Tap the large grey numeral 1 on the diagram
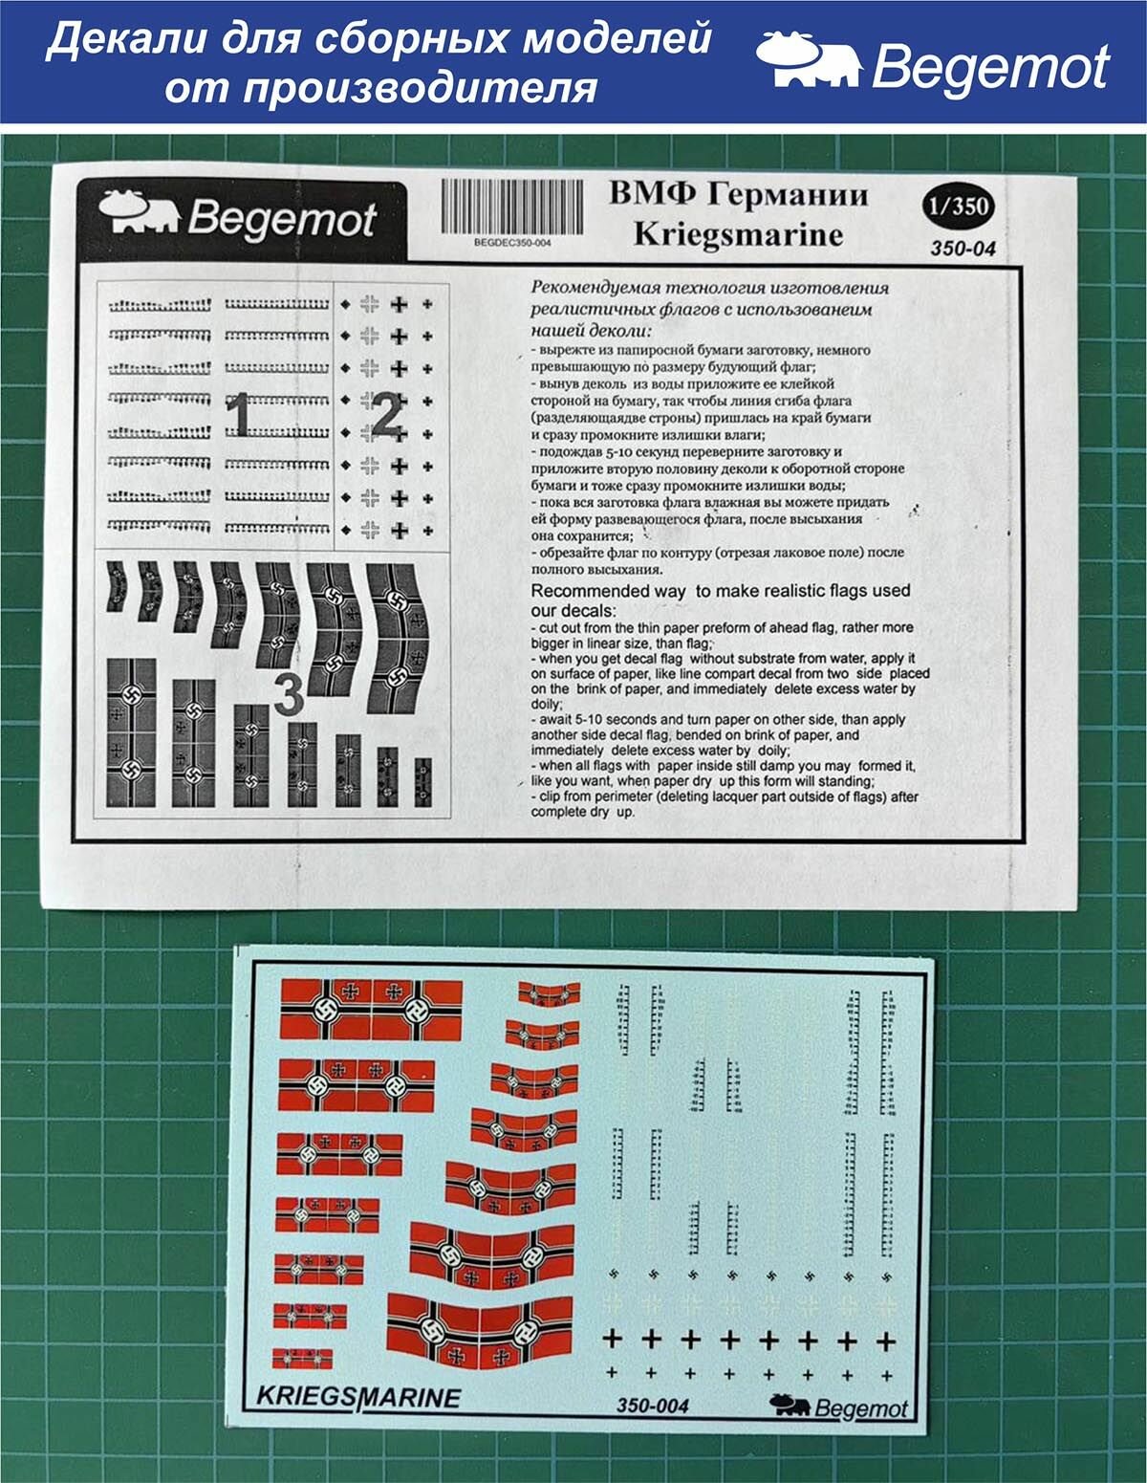coord(238,417)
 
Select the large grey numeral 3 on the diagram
coord(289,694)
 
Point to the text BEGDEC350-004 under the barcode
coord(512,243)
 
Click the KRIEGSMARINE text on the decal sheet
coord(358,1397)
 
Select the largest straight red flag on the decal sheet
coord(371,1011)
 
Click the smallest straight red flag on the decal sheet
coord(302,1358)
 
